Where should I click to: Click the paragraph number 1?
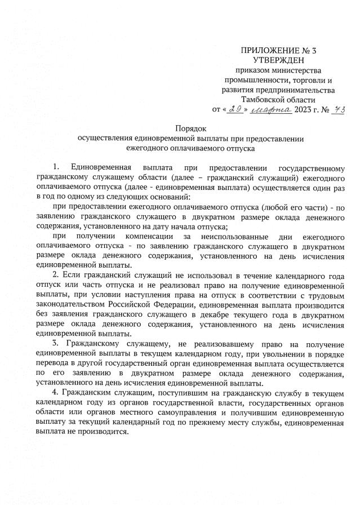[x=55, y=168]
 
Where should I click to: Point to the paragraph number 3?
[x=55, y=343]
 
